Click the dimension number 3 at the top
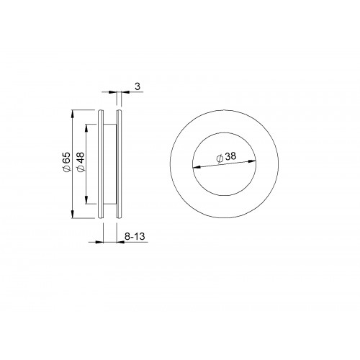138,86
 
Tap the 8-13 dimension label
135,236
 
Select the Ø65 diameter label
66,162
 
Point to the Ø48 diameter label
81,162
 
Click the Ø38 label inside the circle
226,157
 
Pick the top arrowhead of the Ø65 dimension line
73,114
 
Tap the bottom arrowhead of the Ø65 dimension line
73,214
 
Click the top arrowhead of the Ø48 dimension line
86,129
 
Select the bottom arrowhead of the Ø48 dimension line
86,199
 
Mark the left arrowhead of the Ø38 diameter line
197,167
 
